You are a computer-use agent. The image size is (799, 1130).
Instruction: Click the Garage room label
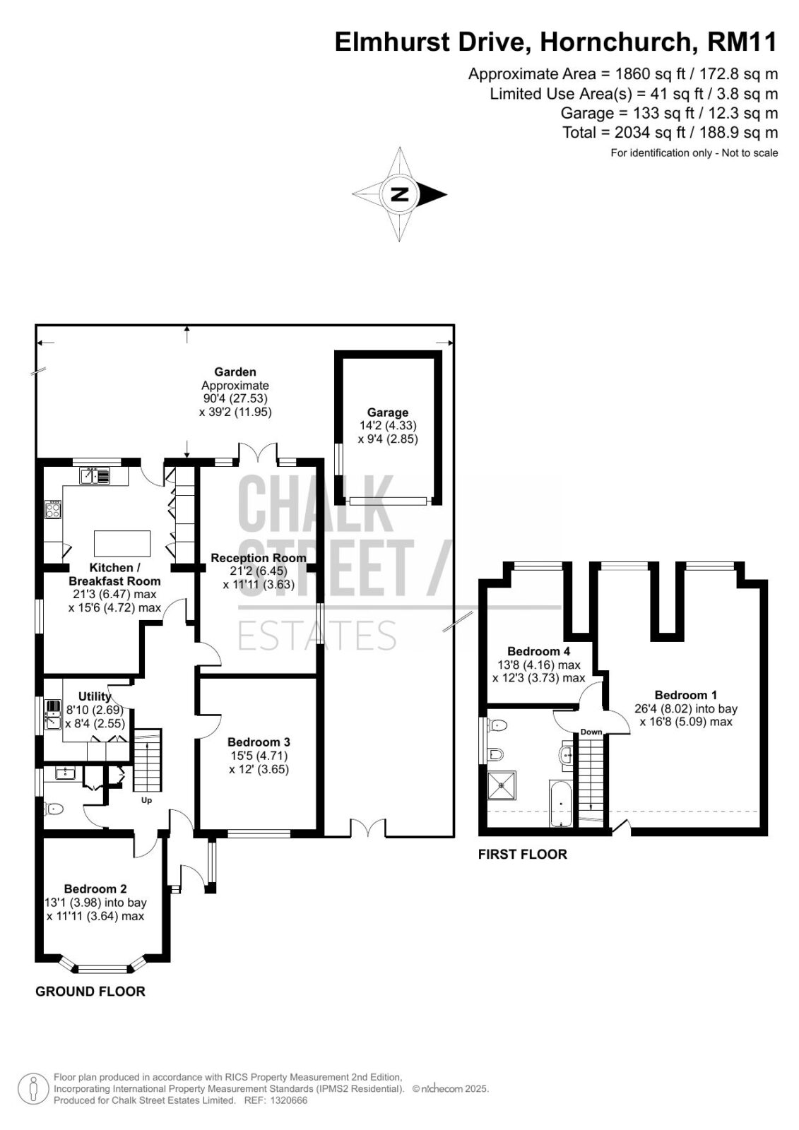(387, 412)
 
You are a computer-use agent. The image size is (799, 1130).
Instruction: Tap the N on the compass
(400, 194)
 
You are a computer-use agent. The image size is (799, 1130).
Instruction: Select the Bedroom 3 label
(259, 742)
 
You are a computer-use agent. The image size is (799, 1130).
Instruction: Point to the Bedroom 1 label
(685, 695)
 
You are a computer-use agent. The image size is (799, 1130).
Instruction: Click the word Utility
(95, 696)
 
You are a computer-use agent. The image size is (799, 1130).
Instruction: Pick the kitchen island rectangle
(122, 543)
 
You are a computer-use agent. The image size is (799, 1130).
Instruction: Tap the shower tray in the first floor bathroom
(502, 785)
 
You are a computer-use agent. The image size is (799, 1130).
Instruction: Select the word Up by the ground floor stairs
(146, 800)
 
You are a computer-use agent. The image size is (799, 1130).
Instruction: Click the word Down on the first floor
(591, 732)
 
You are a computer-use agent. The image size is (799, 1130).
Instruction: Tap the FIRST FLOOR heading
(522, 854)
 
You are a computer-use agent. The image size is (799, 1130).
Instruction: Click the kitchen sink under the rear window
(95, 476)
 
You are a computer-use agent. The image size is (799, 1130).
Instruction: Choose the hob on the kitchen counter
(53, 509)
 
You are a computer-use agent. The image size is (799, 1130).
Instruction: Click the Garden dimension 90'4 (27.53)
(235, 398)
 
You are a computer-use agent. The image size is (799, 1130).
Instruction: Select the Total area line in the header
(670, 133)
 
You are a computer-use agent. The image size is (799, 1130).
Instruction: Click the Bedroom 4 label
(538, 650)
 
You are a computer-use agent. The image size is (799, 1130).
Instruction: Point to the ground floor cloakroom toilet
(53, 809)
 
